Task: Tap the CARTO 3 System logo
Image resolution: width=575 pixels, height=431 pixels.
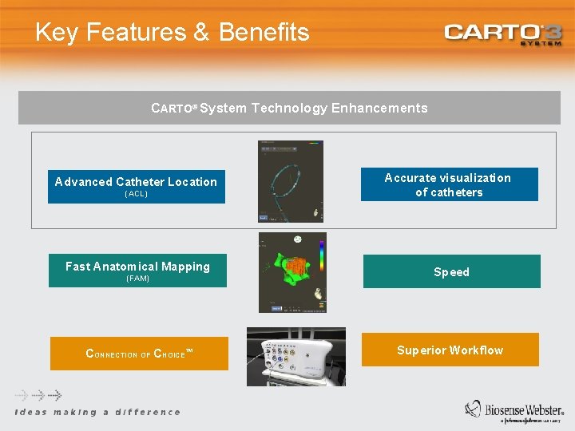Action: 503,34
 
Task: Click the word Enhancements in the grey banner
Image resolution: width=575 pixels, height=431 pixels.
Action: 379,109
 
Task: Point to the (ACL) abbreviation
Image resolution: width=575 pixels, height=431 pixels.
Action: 136,194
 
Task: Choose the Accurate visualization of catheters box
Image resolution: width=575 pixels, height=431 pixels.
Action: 449,184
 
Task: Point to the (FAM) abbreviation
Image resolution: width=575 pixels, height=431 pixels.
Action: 137,279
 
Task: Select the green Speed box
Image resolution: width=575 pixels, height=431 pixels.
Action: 451,271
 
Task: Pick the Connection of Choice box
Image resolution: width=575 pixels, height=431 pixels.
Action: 138,354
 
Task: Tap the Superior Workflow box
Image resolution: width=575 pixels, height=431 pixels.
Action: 450,350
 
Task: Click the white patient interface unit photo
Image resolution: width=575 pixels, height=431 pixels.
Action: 296,357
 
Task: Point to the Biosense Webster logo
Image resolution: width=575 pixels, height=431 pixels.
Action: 514,409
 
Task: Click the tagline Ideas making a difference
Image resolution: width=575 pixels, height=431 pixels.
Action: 97,412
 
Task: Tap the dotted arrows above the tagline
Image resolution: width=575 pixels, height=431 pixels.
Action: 38,395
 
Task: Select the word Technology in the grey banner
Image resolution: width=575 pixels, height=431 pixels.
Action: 288,109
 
